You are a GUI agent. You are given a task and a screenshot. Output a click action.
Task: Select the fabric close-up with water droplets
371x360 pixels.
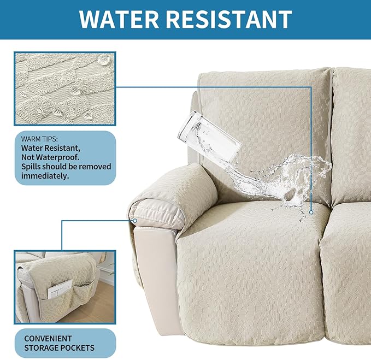65,87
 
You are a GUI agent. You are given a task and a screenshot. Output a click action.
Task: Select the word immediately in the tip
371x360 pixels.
46,176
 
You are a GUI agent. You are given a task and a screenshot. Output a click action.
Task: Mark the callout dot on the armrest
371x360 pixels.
135,220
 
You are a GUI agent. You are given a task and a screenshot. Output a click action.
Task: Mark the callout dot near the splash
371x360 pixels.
311,213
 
